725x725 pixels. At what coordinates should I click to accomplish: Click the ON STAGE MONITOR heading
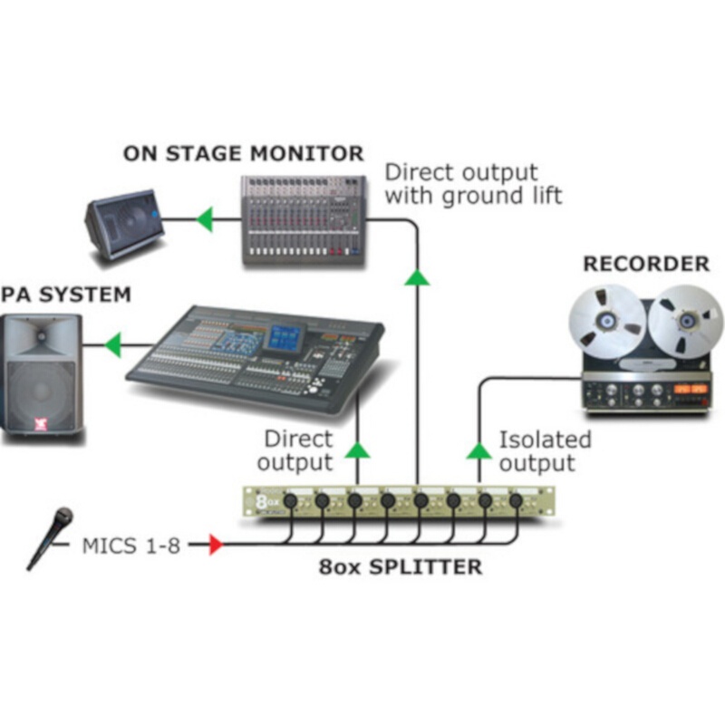243,152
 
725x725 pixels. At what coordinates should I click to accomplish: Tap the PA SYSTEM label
65,295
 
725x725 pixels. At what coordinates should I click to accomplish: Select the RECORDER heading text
645,264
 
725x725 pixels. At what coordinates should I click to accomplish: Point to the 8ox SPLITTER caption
400,568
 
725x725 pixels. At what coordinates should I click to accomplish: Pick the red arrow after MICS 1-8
215,545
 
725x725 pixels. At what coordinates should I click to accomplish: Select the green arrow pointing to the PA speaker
113,344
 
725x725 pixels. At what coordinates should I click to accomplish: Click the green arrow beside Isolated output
478,449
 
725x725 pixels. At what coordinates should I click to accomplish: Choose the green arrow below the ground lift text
417,276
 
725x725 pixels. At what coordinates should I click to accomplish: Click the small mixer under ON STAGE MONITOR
303,219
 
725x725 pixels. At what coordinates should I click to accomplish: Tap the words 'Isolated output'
545,451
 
